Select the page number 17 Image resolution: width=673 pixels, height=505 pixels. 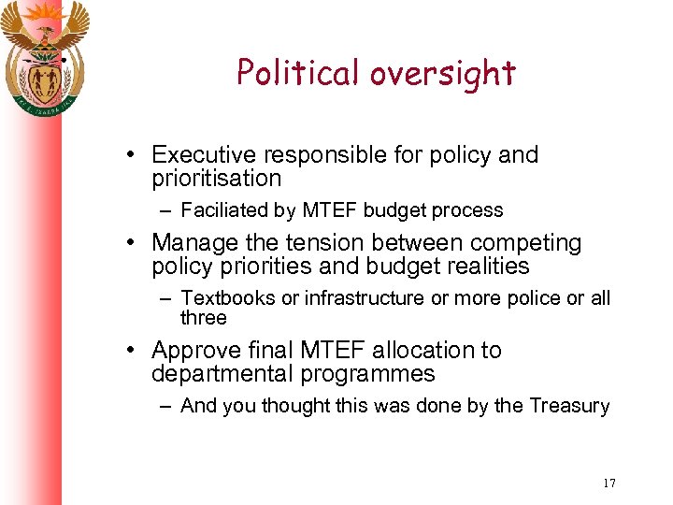pos(609,483)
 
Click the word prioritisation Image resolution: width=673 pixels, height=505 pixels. pos(216,178)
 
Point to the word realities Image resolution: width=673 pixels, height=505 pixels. pos(482,267)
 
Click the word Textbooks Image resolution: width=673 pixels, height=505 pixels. pos(223,298)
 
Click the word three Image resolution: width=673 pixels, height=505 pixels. pos(203,318)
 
